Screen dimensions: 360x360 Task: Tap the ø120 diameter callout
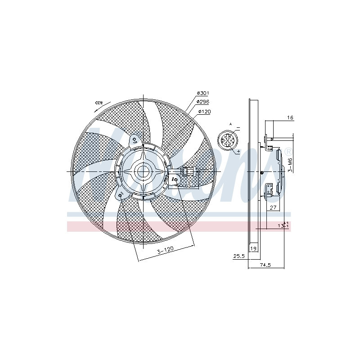click(204, 111)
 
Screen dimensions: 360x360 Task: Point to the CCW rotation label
click(99, 103)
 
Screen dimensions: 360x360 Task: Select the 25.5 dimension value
click(238, 256)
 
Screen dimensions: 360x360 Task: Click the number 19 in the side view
click(253, 248)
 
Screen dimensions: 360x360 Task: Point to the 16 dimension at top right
click(290, 117)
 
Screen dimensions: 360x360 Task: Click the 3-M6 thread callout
click(291, 165)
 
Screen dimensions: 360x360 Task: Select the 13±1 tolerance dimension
click(283, 225)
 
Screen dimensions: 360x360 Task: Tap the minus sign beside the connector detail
click(238, 128)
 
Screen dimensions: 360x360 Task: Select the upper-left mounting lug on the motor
click(134, 140)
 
